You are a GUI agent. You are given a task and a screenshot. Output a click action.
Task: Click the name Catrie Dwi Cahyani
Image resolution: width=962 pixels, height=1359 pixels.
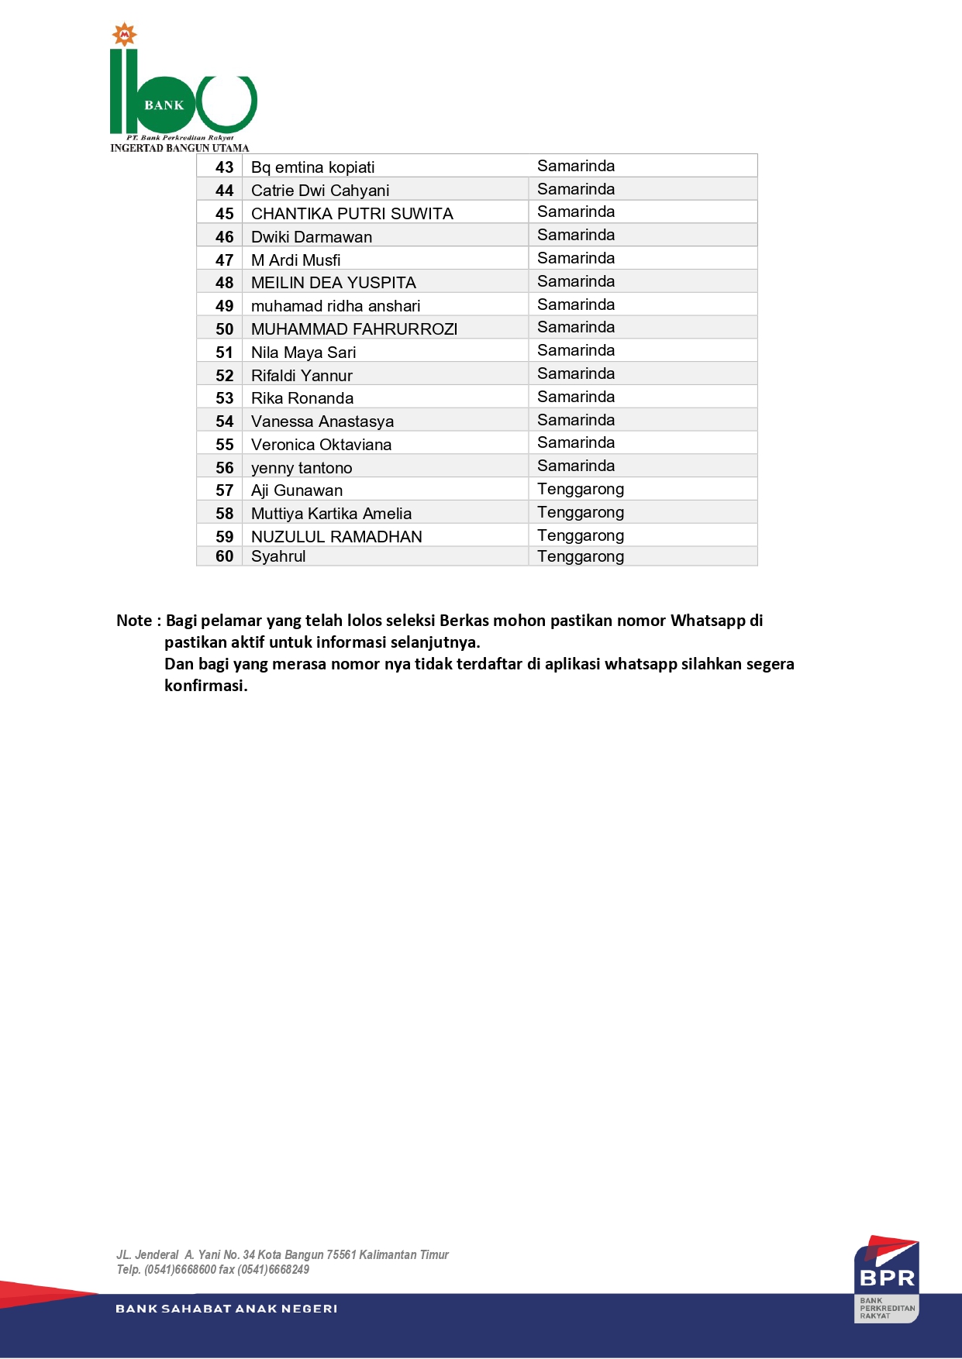coord(320,191)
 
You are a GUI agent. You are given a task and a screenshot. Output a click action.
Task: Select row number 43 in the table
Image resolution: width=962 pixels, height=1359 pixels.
coord(224,167)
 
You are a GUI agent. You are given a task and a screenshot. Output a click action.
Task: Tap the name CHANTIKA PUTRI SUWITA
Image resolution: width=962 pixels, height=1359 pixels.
coord(352,214)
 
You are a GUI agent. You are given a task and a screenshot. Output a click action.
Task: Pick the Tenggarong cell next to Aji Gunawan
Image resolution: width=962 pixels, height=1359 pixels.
coord(581,490)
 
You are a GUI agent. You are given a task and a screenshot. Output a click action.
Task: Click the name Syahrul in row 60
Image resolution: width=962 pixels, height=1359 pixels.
coord(278,556)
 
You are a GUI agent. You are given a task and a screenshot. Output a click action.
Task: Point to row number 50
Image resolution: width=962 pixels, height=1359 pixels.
coord(224,329)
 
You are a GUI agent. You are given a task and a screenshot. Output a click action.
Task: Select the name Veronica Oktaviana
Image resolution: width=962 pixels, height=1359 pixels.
coord(321,445)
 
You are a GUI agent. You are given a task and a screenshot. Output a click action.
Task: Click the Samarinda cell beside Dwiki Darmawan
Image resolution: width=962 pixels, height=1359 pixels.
coord(576,236)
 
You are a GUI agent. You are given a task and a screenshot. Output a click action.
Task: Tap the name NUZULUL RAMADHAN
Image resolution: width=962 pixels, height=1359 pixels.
coord(336,537)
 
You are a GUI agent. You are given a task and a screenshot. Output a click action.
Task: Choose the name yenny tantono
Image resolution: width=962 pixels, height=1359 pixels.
coord(302,468)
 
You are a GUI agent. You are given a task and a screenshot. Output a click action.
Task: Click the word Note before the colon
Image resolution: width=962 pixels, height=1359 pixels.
coord(134,621)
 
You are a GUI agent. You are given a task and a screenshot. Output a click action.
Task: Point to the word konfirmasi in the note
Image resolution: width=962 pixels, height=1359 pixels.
coord(205,686)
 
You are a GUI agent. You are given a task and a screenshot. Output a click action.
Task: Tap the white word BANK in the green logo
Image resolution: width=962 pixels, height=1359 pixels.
coord(164,105)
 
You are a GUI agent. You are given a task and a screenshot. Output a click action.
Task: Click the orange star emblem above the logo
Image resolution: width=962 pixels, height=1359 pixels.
coord(124,35)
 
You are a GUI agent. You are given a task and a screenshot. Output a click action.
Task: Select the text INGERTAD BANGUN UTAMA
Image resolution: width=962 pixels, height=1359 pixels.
coord(180,148)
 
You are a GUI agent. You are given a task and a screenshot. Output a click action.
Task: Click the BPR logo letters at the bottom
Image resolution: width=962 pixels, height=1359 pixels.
coord(888,1278)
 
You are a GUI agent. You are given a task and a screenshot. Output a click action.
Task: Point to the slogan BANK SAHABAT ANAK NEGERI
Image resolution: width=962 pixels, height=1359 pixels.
coord(226,1309)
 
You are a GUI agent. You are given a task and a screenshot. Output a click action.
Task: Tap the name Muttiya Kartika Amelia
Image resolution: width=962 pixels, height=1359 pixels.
coord(331,514)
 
